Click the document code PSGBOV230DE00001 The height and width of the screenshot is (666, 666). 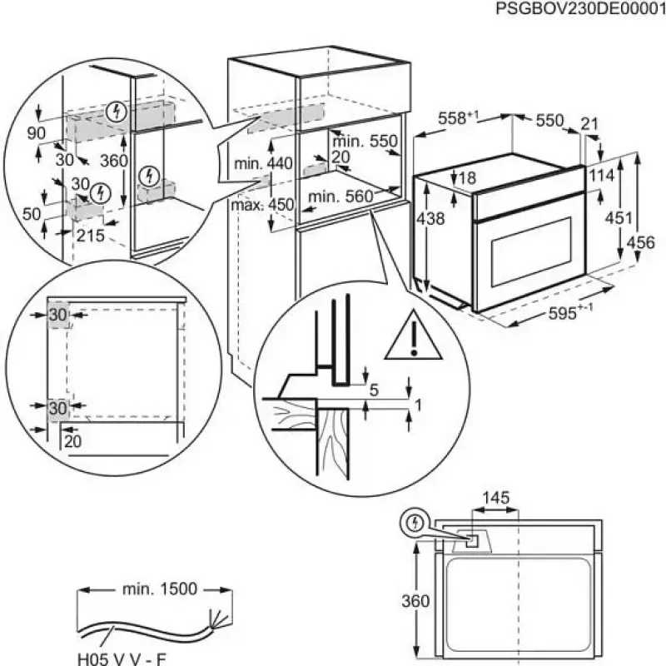click(580, 9)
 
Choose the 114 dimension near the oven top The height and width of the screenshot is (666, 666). click(613, 176)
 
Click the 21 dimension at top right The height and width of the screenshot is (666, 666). click(589, 124)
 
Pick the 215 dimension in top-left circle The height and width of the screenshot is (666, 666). click(90, 236)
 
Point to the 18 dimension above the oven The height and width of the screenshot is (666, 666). click(466, 177)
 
